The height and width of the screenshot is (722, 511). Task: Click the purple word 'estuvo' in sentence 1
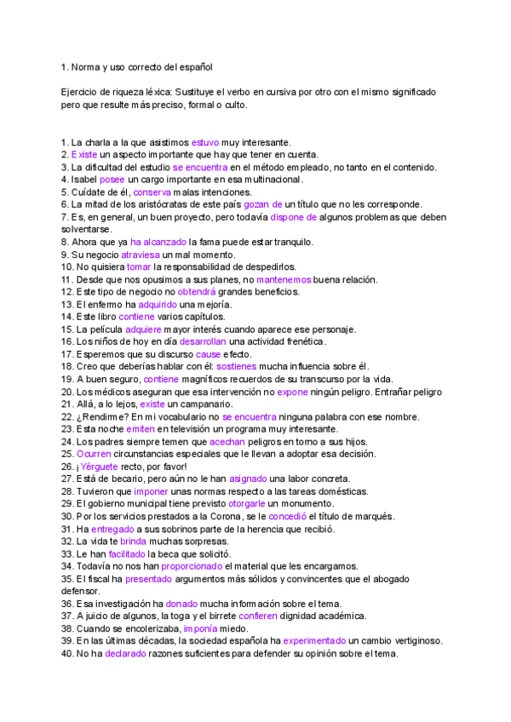[205, 142]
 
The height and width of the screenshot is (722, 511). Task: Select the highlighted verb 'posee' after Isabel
[112, 180]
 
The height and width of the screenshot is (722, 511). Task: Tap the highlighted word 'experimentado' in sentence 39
[314, 641]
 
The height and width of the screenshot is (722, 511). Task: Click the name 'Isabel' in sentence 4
[84, 180]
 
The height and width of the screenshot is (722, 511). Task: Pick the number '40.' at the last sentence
[67, 654]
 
